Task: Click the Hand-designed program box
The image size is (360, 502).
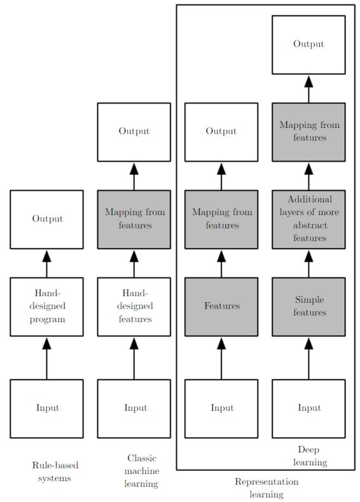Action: (46, 306)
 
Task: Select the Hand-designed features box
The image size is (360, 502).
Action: (134, 306)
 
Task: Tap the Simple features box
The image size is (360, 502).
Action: (309, 306)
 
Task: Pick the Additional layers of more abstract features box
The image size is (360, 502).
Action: (309, 219)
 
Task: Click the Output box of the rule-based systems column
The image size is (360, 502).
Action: (46, 219)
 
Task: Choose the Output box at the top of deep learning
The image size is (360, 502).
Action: (309, 45)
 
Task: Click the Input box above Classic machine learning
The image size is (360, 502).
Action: (134, 408)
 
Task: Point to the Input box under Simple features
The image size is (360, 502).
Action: (309, 408)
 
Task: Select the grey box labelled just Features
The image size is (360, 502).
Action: (221, 306)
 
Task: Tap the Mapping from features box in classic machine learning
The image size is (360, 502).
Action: (134, 219)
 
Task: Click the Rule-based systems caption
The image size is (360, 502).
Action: (55, 471)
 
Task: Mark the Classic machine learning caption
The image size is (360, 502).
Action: (142, 471)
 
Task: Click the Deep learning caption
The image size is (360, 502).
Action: (310, 456)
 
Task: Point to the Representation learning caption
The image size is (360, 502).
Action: (267, 488)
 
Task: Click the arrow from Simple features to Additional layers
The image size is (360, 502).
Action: (309, 263)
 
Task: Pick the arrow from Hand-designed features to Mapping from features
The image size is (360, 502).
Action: (134, 263)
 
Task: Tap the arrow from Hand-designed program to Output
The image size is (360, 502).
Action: (46, 263)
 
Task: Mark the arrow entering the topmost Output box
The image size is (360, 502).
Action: (309, 88)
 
